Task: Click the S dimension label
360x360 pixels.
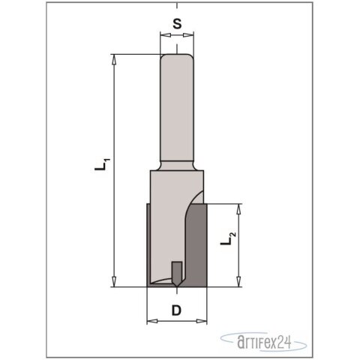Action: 177,22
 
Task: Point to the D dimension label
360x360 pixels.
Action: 177,308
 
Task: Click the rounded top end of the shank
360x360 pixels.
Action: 178,55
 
